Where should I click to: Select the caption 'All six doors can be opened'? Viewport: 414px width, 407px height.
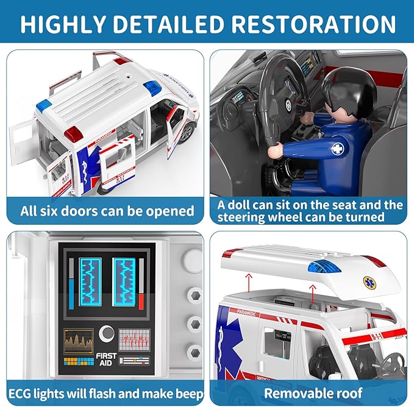[107, 211]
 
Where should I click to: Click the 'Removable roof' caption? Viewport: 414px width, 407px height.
[313, 392]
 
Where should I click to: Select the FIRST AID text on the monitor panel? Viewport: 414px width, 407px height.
[106, 359]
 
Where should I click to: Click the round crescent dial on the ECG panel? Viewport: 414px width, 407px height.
[107, 333]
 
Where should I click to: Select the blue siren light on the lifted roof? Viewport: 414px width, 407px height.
[324, 266]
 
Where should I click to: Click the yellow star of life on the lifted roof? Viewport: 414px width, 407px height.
[370, 283]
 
